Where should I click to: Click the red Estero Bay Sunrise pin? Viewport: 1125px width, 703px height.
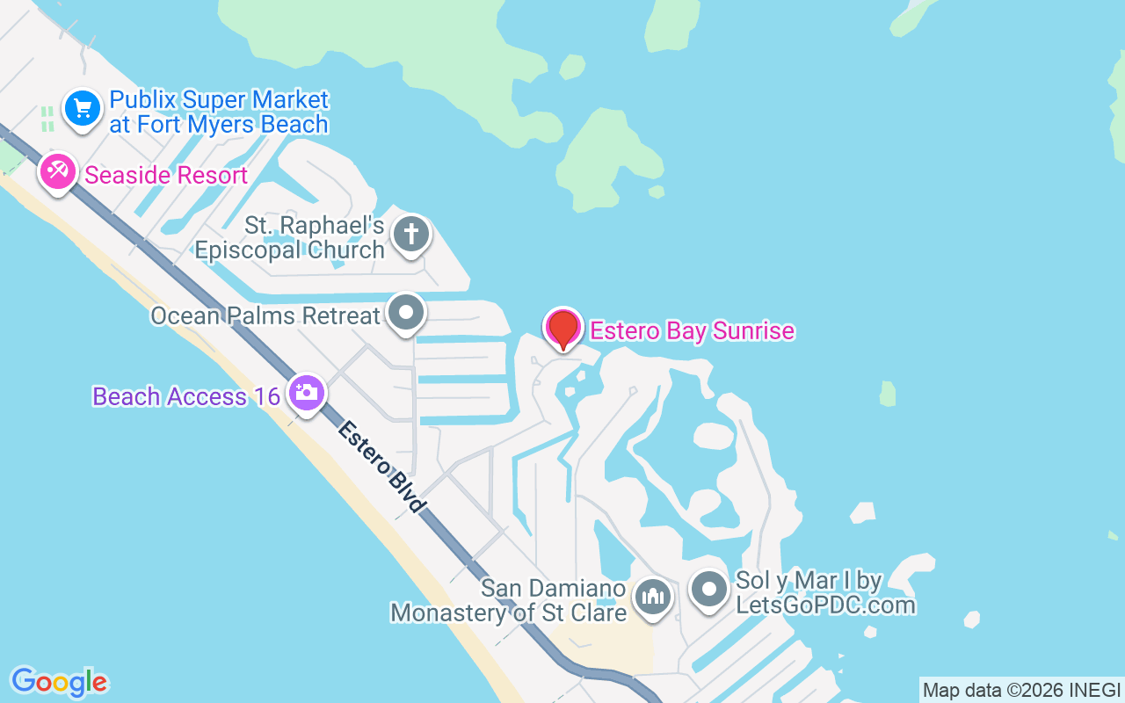tap(562, 328)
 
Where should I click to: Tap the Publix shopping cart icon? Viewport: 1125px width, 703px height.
tap(83, 109)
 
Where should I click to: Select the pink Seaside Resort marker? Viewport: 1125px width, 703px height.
tap(58, 171)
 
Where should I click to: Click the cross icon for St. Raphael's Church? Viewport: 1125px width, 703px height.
tap(410, 234)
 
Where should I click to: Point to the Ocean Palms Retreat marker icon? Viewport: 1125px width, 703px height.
tap(406, 312)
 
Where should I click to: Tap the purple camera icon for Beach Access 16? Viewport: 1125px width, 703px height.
tap(306, 392)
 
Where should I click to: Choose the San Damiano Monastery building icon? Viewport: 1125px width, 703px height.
tap(652, 598)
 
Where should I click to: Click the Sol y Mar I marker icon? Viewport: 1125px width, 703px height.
tap(708, 589)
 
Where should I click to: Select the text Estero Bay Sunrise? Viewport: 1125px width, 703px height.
tap(693, 331)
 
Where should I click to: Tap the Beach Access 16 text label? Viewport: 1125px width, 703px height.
tap(186, 396)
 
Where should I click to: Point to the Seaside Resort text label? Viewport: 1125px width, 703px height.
tap(166, 175)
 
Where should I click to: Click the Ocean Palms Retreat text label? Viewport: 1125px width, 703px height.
tap(265, 315)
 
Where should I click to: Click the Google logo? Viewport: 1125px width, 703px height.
tap(59, 681)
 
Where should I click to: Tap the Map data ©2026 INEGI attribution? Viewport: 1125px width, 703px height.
tap(1021, 691)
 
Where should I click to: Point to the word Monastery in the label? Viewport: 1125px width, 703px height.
tap(449, 612)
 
